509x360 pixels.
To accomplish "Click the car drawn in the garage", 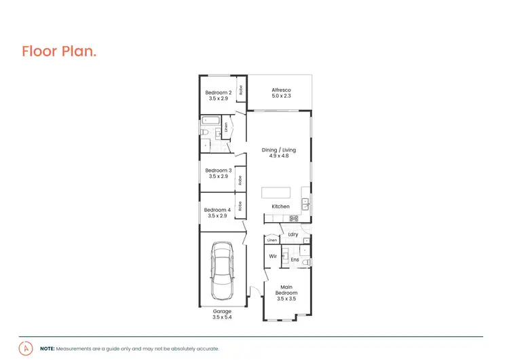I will point(222,272).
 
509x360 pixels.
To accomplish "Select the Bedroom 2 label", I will point(219,92).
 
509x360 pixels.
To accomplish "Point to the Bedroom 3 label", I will point(219,170).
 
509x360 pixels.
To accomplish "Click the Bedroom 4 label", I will point(217,210).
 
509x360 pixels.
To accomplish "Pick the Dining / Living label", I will point(280,150).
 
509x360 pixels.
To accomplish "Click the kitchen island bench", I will point(277,192).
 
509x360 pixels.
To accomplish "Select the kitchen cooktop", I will point(294,218).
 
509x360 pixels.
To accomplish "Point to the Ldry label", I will point(293,234).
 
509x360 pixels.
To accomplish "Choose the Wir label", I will point(273,256).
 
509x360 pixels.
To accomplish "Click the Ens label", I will point(295,259).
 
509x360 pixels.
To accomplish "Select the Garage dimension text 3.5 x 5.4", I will point(222,317).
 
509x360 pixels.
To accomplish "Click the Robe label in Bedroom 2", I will point(240,89).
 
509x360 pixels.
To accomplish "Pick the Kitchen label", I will point(280,206).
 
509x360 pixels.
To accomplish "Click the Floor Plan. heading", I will point(59,52).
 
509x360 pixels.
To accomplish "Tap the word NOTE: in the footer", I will point(48,348).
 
